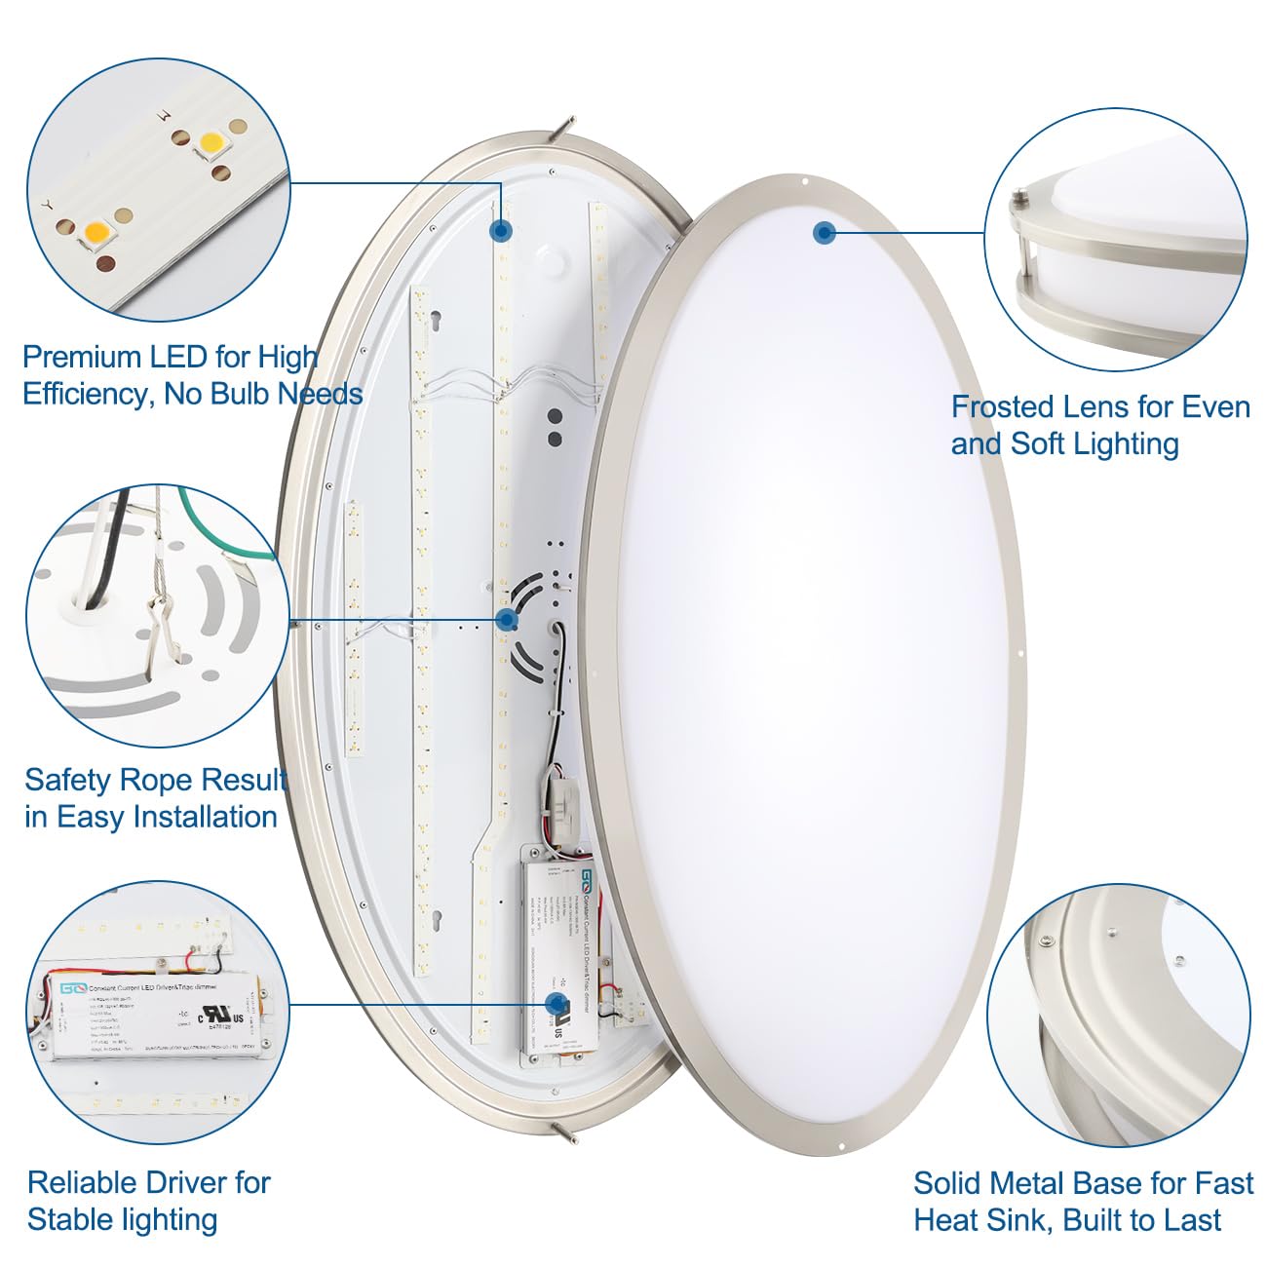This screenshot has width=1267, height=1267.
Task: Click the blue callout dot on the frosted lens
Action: [825, 232]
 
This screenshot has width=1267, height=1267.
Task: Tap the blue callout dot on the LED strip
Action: [501, 230]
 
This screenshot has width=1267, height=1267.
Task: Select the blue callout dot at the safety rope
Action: [507, 619]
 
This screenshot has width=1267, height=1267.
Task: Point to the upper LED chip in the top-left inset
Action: [211, 144]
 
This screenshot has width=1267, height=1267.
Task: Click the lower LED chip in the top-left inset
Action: [98, 234]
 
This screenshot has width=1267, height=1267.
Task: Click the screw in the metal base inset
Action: [1047, 941]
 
